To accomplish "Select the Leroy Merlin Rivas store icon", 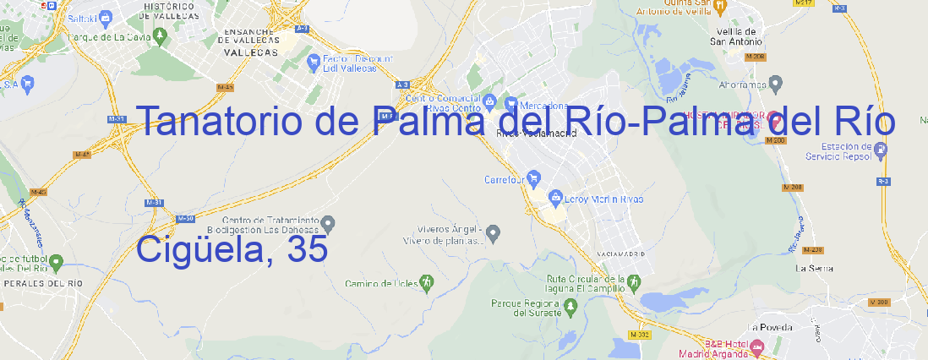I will (x=555, y=199).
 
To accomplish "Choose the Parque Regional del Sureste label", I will (x=526, y=308).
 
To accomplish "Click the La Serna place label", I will (x=815, y=268).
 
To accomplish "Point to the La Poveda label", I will (x=769, y=327).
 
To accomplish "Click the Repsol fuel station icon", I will (x=882, y=150).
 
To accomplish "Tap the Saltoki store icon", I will (x=106, y=16).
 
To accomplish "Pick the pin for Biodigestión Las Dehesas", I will (x=330, y=223).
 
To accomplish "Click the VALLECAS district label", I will (x=250, y=52).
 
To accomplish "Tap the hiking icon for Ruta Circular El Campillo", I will (x=633, y=281).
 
